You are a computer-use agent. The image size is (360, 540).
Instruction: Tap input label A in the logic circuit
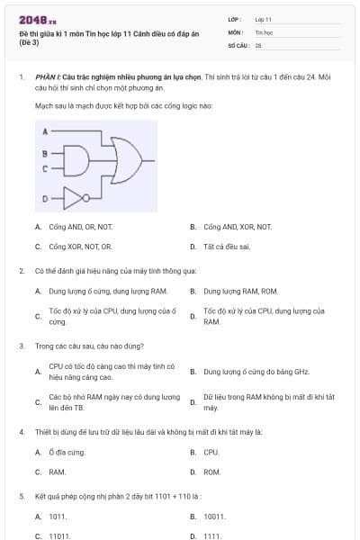[x=45, y=131]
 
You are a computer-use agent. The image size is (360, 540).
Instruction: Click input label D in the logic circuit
[x=45, y=195]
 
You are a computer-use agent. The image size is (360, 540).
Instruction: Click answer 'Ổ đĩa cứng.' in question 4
[x=67, y=452]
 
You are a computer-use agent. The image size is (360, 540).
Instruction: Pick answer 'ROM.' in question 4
[x=211, y=472]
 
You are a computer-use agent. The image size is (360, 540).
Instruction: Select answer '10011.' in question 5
[x=214, y=517]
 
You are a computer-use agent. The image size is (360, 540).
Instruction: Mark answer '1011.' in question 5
[x=58, y=517]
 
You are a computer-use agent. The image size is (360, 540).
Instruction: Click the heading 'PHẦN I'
[x=47, y=78]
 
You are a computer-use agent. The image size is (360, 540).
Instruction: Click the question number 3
[x=22, y=345]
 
